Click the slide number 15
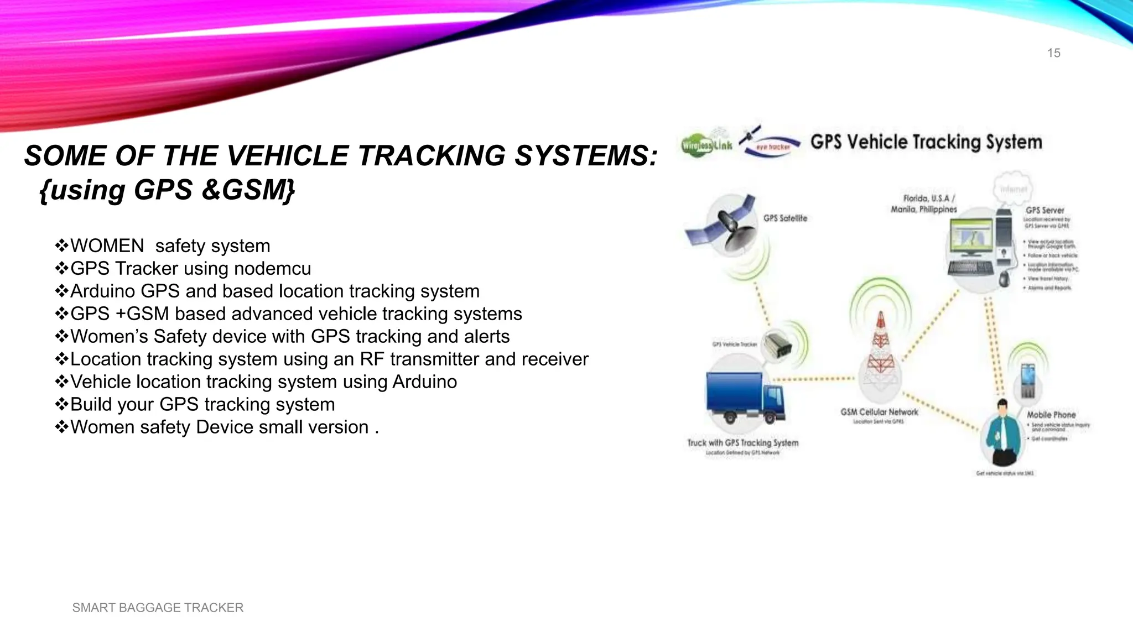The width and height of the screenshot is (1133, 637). pos(1053,53)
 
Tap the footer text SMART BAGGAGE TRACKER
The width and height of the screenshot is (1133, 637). pos(158,607)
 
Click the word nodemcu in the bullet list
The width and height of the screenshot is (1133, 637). pos(272,269)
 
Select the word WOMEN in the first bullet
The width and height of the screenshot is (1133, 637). pos(107,246)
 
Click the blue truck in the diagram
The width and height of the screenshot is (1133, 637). pos(745,397)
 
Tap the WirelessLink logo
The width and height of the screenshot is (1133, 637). pos(706,144)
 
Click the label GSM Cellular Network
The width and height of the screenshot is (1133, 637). pos(879,412)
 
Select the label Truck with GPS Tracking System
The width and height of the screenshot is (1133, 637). pos(742,443)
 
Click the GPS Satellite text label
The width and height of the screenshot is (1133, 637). pos(785,218)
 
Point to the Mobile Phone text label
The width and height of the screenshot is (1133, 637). pos(1051,415)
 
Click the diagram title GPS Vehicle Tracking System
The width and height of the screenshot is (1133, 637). pos(926,142)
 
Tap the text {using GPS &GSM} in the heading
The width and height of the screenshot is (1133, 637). pos(168,190)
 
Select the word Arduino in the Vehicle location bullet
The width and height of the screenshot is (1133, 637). pos(424,382)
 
